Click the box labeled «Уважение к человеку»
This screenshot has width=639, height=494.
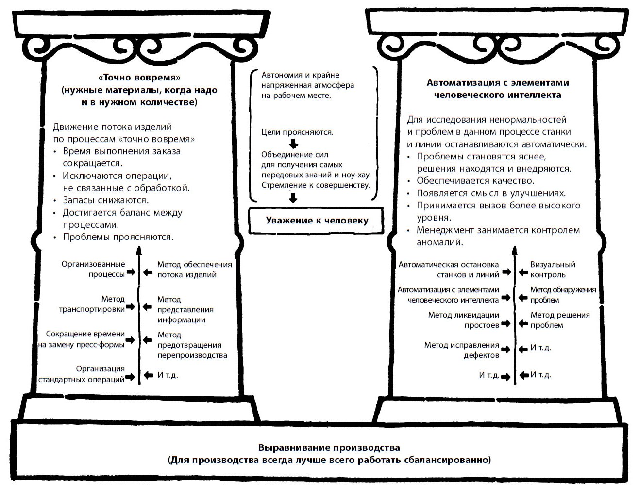[x=317, y=221]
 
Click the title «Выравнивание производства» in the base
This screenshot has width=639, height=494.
[x=329, y=447]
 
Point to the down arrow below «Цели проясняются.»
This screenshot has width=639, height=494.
[x=293, y=143]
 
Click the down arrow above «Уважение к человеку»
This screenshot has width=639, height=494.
[x=293, y=198]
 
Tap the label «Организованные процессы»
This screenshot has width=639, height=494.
[x=93, y=269]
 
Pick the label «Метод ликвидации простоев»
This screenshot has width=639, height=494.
[x=463, y=320]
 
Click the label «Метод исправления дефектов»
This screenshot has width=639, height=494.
[x=461, y=350]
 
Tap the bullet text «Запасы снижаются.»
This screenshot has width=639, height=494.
[x=106, y=200]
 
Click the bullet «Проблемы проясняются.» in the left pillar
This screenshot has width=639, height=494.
[x=118, y=237]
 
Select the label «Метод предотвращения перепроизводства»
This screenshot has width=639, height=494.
[x=192, y=345]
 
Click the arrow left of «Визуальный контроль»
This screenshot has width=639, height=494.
[x=523, y=272]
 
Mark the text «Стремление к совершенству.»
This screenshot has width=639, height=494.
[x=316, y=185]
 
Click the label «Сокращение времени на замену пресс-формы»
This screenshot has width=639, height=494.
[x=82, y=339]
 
